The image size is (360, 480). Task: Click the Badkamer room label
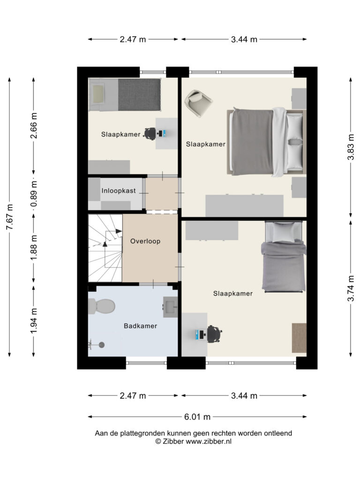[140, 326]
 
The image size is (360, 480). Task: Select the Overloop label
[145, 241]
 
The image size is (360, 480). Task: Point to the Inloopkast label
[119, 191]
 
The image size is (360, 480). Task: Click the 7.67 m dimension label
[10, 217]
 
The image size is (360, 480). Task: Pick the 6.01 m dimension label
[197, 417]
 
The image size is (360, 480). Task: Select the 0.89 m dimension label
[34, 194]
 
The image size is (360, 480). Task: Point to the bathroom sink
[170, 307]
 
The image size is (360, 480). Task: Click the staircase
[105, 248]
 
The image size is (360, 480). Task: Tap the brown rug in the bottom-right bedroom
[299, 338]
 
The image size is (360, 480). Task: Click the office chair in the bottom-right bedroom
[214, 334]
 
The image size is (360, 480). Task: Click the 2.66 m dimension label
[34, 126]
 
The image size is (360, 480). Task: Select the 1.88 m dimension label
[34, 247]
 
